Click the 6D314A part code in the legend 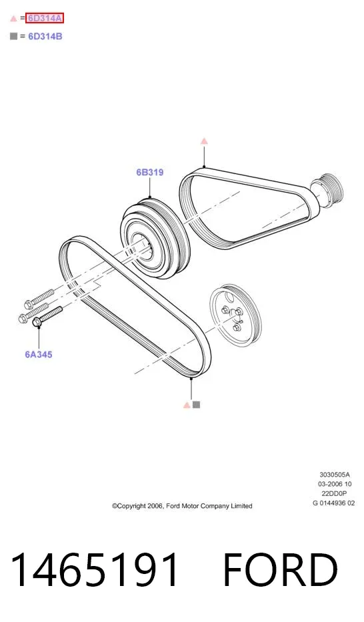(45, 18)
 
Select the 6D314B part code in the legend (45, 37)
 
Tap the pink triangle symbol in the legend (13, 18)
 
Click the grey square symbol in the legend (13, 37)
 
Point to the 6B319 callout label (150, 172)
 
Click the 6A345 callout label (39, 354)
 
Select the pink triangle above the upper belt (204, 141)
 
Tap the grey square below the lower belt (196, 405)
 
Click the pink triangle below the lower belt (187, 405)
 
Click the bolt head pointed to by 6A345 (36, 322)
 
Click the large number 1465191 (95, 569)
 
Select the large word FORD (280, 569)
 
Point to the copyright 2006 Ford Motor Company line (182, 506)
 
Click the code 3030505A (335, 475)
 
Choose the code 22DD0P (334, 493)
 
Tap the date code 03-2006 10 (335, 484)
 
